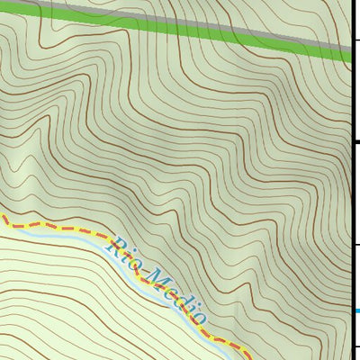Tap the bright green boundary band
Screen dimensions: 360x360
pyautogui.click(x=180, y=34)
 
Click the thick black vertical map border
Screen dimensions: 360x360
pyautogui.click(x=352, y=180)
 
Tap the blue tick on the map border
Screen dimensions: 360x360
pyautogui.click(x=356, y=311)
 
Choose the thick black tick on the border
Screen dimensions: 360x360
pyautogui.click(x=356, y=141)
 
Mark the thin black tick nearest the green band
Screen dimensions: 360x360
pyautogui.click(x=356, y=40)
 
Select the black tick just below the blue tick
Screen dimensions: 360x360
pyautogui.click(x=356, y=346)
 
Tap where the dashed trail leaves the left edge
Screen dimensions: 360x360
pyautogui.click(x=3, y=217)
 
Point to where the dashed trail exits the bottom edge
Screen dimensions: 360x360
pyautogui.click(x=247, y=356)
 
